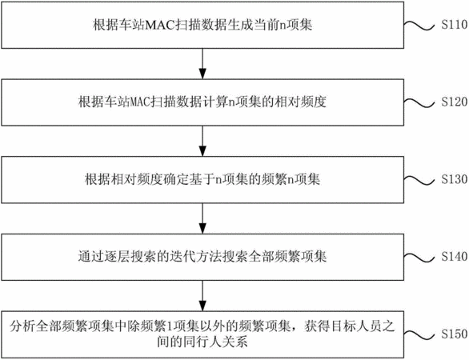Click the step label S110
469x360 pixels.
click(x=455, y=25)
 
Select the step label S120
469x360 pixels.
click(x=455, y=102)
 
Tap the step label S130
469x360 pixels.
click(x=455, y=179)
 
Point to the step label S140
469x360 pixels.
click(x=455, y=256)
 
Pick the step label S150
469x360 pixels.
click(x=455, y=334)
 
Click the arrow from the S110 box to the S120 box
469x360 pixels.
click(x=202, y=63)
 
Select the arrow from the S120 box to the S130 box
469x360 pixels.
click(x=202, y=141)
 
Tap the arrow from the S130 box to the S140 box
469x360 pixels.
click(x=202, y=218)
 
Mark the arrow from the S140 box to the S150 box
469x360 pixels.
click(x=202, y=296)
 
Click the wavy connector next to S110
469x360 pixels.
click(x=419, y=26)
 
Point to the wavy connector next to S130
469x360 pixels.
click(x=419, y=180)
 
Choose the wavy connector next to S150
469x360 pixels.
click(x=419, y=335)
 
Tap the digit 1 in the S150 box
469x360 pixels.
click(x=170, y=326)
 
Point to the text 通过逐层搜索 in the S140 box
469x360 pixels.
click(x=117, y=257)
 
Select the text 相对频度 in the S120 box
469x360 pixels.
click(x=300, y=102)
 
